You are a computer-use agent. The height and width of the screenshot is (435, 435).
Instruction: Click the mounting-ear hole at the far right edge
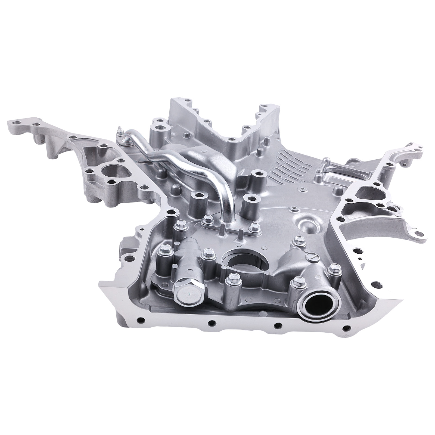tap(415, 224)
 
